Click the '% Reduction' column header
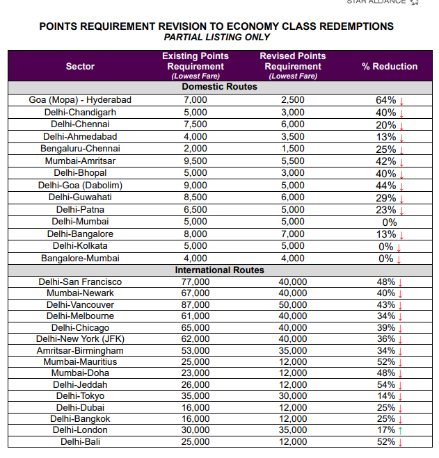[390, 66]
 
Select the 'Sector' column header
[80, 66]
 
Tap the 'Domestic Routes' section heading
[219, 87]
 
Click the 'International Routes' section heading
[219, 270]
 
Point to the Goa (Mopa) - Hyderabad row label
[80, 100]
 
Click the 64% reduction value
[386, 100]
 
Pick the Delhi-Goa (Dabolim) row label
[80, 185]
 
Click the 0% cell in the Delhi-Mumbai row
[390, 222]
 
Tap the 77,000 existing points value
[195, 281]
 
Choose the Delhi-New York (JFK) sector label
[80, 338]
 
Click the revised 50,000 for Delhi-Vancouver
[292, 304]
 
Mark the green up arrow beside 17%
[401, 430]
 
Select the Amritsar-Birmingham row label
[80, 350]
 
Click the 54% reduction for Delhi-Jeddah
[386, 384]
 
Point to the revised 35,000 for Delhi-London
[292, 430]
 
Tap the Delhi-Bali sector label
[80, 441]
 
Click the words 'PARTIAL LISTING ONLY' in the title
[216, 38]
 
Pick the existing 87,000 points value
[195, 304]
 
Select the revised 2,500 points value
[292, 100]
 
